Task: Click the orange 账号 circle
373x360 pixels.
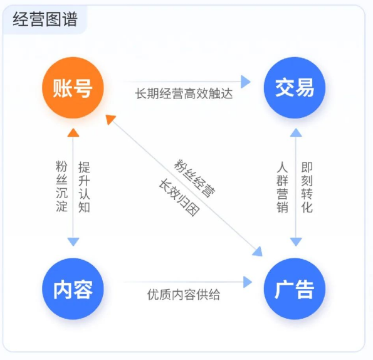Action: tap(73, 88)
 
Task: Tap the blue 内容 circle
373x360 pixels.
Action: tap(73, 289)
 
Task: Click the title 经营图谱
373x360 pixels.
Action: tap(45, 19)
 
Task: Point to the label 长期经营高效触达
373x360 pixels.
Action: tap(184, 94)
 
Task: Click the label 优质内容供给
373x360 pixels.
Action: tap(184, 294)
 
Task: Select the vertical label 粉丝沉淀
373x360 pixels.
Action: tap(61, 187)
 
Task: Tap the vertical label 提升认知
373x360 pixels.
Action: tap(84, 187)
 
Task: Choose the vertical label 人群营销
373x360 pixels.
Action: tap(283, 187)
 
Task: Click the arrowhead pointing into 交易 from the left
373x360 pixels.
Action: tap(246, 81)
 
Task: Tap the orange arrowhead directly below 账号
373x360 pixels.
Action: tap(73, 131)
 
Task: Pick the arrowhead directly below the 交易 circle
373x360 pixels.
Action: tap(295, 132)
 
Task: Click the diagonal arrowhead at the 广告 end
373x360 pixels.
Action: tap(258, 251)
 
